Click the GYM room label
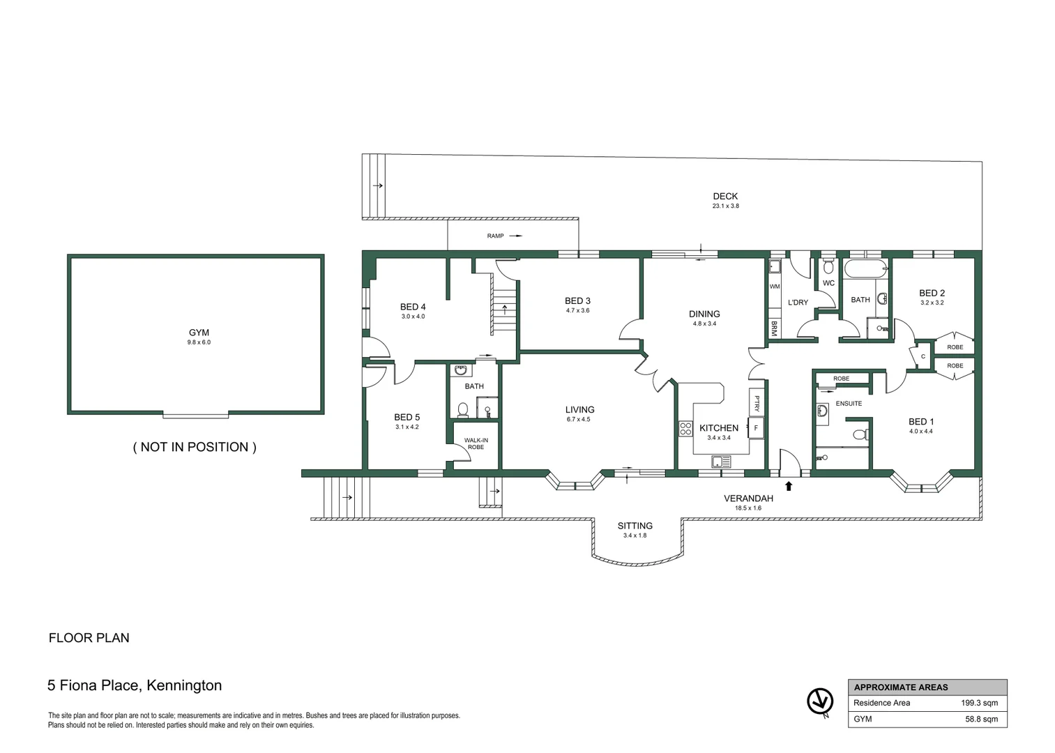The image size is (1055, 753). coord(199,333)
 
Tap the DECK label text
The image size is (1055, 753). coord(725,196)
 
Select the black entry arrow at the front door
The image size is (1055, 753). coord(789,485)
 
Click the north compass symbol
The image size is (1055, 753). coord(820,701)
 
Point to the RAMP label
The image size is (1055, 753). coord(495,236)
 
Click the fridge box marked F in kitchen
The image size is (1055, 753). coord(756,427)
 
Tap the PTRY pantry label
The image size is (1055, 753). coord(757,403)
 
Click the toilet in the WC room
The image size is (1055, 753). coord(828,266)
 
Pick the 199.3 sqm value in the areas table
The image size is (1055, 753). coord(979,703)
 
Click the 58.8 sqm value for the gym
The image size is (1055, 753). coord(981,719)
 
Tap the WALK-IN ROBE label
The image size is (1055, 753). coord(476,443)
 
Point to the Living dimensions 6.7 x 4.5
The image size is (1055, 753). coord(579,420)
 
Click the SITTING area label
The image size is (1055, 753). coord(635,526)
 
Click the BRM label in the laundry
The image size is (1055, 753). coord(774,328)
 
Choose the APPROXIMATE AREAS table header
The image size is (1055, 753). coord(900,687)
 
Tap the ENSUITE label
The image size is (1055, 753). coord(849,403)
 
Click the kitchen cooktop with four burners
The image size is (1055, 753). coord(685,429)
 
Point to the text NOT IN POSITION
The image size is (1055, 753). coord(195,447)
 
